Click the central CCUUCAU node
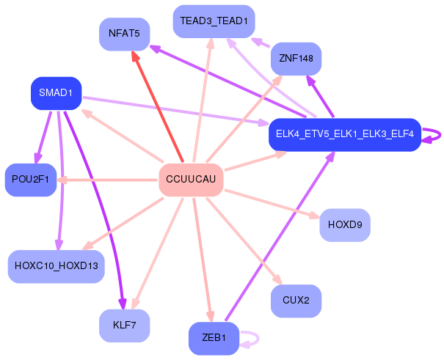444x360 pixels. [191, 180]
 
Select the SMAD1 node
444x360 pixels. [56, 93]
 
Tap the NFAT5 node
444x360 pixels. [124, 34]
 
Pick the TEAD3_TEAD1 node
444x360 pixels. [214, 21]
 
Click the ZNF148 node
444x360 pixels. [296, 59]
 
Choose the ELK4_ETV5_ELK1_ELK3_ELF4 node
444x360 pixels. [345, 135]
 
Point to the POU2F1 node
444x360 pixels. [31, 180]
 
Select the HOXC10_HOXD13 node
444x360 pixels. [56, 266]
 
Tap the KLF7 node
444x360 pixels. [124, 326]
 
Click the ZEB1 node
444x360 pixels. [214, 338]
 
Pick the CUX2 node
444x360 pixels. [296, 301]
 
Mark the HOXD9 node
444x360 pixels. [345, 225]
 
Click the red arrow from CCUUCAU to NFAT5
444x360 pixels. [158, 107]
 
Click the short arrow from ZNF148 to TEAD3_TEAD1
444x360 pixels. [261, 43]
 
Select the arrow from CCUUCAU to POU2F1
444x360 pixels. [107, 180]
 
